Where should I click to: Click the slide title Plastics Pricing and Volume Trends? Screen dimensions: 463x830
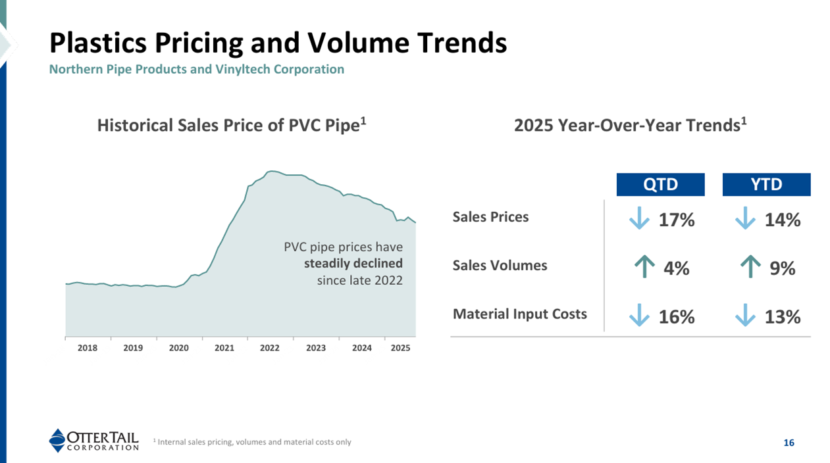(x=278, y=43)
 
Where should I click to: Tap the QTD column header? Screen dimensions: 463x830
(x=660, y=185)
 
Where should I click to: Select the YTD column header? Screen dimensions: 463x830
(x=766, y=185)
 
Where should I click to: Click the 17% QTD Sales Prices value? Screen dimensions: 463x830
(x=677, y=220)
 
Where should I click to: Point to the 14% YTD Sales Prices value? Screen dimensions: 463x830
(x=783, y=220)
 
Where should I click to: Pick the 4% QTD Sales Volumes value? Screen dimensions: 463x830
(x=676, y=268)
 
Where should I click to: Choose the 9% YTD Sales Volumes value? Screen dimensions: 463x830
(x=782, y=268)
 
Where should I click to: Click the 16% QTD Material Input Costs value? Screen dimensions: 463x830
(x=677, y=317)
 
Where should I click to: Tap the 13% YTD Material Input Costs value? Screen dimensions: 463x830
(x=783, y=317)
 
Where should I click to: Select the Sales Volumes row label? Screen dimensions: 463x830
(x=500, y=266)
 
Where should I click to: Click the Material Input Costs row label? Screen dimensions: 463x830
(x=519, y=314)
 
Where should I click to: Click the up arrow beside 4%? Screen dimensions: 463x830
(x=642, y=267)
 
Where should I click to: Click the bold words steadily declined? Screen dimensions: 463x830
(x=353, y=264)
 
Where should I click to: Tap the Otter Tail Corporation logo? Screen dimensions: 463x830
(x=94, y=440)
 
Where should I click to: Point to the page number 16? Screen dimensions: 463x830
(x=789, y=443)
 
